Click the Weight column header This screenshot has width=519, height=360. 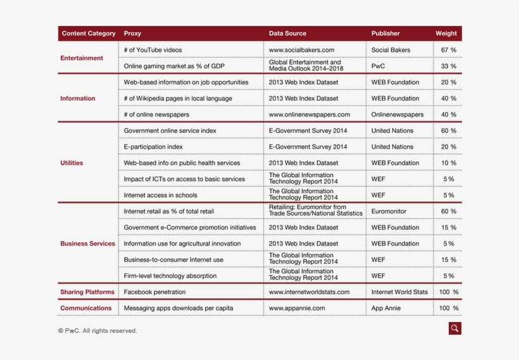[x=446, y=34]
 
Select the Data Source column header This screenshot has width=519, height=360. [x=287, y=34]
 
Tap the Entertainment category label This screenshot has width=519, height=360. [x=82, y=58]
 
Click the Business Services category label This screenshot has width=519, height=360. [x=87, y=244]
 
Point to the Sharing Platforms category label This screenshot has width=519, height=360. [x=87, y=292]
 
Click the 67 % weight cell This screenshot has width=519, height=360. [x=448, y=50]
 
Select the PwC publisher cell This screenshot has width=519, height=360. [x=378, y=66]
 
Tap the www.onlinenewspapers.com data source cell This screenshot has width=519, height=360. [x=309, y=115]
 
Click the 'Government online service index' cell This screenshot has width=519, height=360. [x=170, y=131]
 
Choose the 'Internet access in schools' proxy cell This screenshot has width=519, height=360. [x=160, y=196]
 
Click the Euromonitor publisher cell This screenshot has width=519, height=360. [x=389, y=211]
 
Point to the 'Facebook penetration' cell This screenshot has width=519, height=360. [x=154, y=292]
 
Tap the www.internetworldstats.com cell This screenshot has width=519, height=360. [x=309, y=292]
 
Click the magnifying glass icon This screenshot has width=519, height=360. [x=454, y=328]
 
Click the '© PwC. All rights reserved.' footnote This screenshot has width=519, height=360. [x=97, y=330]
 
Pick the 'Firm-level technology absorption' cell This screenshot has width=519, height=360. [x=170, y=276]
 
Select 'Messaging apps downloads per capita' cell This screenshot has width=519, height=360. [x=178, y=308]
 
